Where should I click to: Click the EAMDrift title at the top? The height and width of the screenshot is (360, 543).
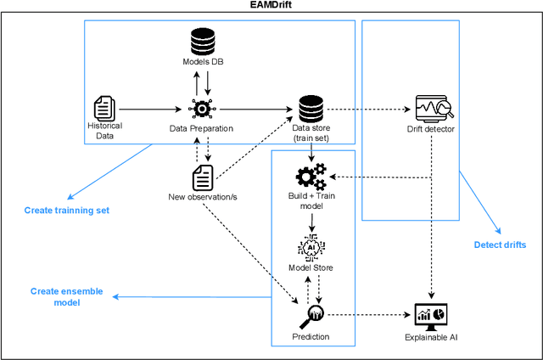(271, 6)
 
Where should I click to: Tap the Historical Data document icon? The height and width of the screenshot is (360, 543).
(105, 108)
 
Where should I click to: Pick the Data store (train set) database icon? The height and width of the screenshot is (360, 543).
(307, 109)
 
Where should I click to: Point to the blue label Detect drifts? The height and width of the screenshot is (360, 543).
(500, 245)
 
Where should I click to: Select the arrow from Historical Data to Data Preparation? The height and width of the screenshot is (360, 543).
(154, 109)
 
